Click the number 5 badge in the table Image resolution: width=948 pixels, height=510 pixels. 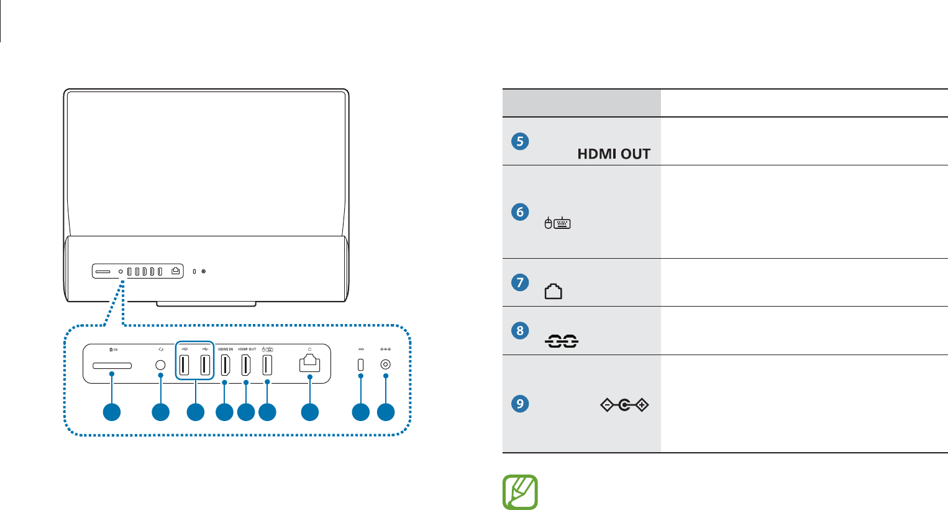point(520,141)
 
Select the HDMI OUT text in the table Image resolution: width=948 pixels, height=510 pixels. point(614,154)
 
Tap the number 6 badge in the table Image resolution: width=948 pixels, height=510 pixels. point(520,211)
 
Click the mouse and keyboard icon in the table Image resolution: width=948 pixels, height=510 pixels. point(557,223)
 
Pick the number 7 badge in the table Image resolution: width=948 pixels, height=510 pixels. point(520,282)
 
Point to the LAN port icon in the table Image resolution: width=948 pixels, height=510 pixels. point(553,291)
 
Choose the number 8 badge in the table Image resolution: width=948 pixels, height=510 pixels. point(520,330)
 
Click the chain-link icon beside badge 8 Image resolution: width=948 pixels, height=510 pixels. point(562,341)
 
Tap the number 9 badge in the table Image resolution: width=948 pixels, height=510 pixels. point(520,404)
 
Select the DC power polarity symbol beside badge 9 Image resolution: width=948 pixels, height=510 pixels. point(624,406)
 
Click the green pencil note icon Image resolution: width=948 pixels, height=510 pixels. point(520,493)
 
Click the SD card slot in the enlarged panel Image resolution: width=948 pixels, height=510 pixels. point(112,366)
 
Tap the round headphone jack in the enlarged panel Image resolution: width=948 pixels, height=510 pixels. point(161,366)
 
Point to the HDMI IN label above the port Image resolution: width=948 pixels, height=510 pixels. point(225,350)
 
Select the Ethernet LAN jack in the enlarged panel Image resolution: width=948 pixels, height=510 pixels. point(309,364)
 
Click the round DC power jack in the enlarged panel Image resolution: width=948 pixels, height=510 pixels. point(386,366)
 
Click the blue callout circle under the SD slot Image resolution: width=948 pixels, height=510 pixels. point(112,412)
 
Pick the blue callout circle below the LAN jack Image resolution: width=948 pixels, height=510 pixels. point(309,412)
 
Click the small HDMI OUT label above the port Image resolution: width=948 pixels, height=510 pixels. point(247,350)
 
